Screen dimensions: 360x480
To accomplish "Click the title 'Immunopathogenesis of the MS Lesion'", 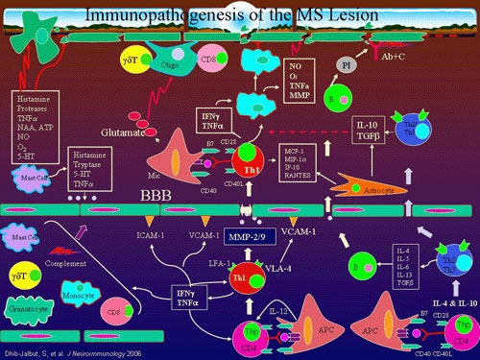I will (239, 12).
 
